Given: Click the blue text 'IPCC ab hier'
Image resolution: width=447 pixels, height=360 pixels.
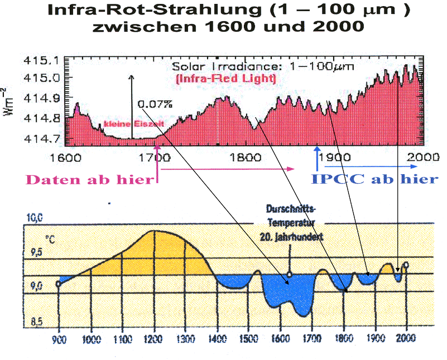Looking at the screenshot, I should point(374,179).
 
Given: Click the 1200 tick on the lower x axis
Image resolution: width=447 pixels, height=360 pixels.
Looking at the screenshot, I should point(152,339).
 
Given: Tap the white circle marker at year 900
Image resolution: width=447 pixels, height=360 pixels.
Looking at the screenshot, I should point(59,284).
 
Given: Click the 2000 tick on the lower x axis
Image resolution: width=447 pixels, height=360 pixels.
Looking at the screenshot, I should point(406,339).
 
